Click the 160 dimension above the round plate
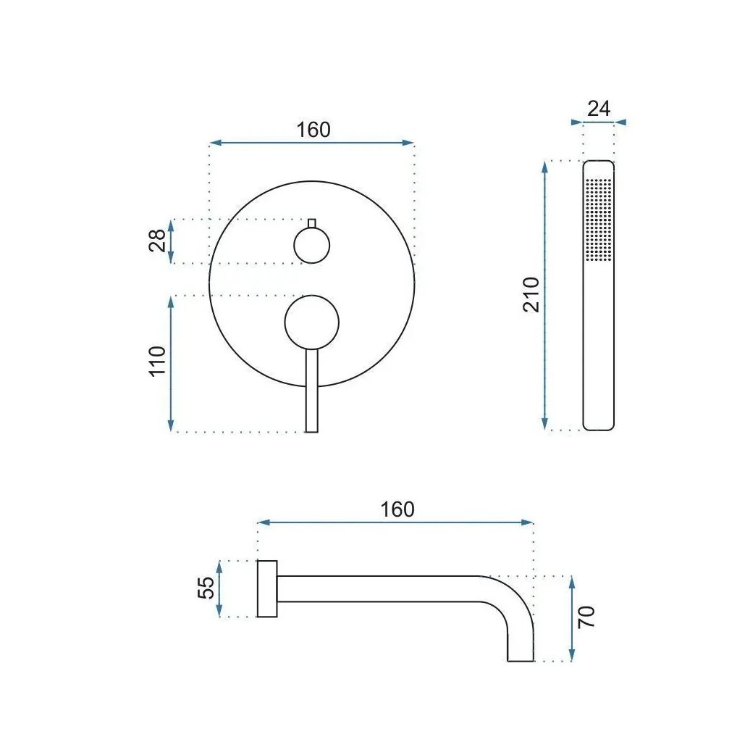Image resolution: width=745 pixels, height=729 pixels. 313,130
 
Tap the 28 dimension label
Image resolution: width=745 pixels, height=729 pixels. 157,241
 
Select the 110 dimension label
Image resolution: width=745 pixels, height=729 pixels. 157,362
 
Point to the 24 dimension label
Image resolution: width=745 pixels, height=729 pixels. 599,109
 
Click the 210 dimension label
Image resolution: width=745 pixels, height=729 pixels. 531,294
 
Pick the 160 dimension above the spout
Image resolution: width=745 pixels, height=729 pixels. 397,509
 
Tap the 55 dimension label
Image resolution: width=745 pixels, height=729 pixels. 206,588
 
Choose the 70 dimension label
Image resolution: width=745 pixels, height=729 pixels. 586,617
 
